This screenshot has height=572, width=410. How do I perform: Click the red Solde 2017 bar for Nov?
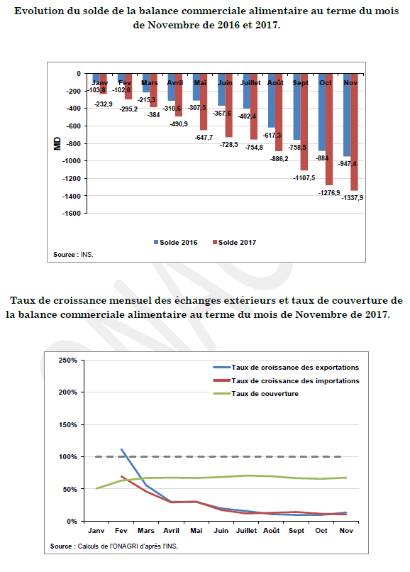(x=354, y=132)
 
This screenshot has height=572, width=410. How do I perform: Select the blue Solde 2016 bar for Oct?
(x=322, y=112)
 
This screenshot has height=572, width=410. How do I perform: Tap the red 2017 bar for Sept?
(x=304, y=122)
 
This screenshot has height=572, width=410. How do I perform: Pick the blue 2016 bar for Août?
(x=272, y=101)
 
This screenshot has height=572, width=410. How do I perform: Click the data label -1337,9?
(x=353, y=198)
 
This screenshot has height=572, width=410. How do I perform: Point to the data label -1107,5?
(x=304, y=178)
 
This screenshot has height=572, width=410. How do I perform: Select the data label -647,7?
(x=204, y=138)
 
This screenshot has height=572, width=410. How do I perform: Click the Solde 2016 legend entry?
(x=176, y=243)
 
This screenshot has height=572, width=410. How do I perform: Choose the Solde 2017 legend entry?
(x=235, y=243)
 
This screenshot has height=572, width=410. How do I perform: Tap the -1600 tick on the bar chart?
(x=72, y=214)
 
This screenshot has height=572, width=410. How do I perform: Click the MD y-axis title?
(x=57, y=144)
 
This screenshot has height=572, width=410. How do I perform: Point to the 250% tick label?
(x=68, y=361)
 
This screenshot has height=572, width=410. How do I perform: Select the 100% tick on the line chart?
(x=68, y=457)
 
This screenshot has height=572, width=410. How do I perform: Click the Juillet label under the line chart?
(x=246, y=531)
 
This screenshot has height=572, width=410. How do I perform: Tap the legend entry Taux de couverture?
(x=255, y=394)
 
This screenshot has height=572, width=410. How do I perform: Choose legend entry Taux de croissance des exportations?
(x=286, y=368)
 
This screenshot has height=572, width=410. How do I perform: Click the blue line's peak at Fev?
(x=121, y=449)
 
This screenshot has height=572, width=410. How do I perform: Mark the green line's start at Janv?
(x=96, y=488)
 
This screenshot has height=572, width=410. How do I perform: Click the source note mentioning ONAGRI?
(x=114, y=546)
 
